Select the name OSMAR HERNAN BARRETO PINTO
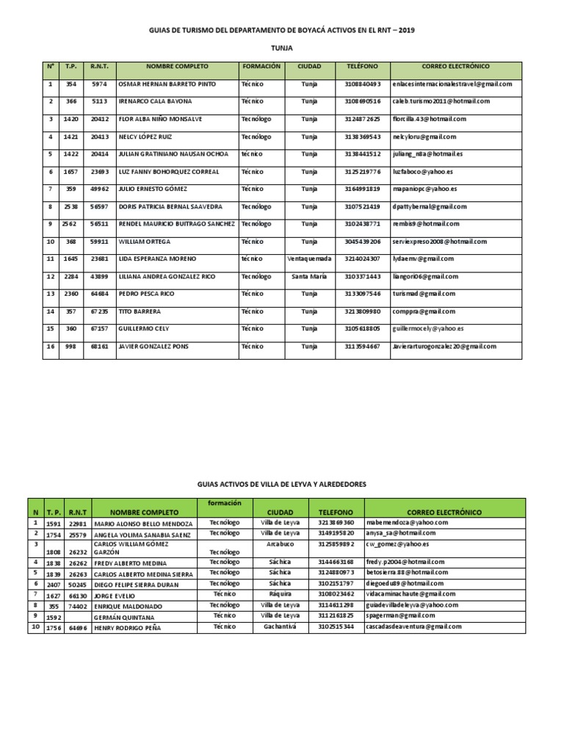point(167,84)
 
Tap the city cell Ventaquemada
point(309,258)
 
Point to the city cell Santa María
point(309,276)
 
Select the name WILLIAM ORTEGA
point(144,241)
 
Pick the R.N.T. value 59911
point(100,241)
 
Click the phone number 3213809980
point(363,311)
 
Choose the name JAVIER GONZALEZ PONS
point(154,347)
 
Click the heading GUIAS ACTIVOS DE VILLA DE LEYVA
point(281,485)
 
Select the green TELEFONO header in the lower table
point(337,512)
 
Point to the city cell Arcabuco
point(281,543)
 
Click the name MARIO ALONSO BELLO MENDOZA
point(144,524)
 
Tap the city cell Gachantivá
point(281,606)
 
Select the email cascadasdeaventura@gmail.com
point(413,606)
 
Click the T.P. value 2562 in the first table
point(70,223)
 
